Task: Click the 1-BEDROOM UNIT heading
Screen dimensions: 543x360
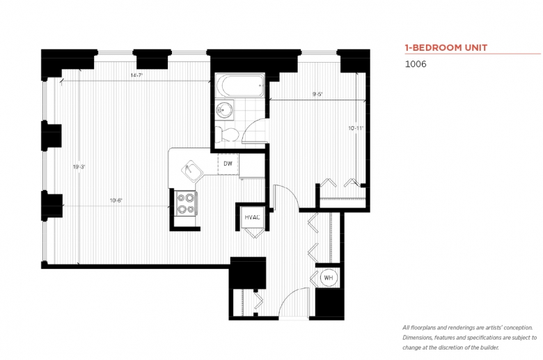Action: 446,47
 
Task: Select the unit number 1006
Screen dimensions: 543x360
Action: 416,64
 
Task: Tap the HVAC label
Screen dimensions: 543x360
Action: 252,217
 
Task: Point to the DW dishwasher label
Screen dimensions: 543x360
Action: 228,164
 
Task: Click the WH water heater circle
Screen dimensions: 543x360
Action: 329,278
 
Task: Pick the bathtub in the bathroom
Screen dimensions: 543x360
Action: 240,85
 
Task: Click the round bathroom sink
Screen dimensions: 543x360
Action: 223,110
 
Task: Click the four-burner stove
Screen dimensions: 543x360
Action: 185,203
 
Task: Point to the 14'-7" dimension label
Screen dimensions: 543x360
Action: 136,75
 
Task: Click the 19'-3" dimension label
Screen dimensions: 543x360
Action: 79,166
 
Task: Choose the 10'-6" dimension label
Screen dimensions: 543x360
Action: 116,201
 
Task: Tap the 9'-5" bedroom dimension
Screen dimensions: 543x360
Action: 317,93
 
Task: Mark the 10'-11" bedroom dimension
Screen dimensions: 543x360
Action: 356,128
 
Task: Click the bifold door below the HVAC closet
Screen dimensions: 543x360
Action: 255,233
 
